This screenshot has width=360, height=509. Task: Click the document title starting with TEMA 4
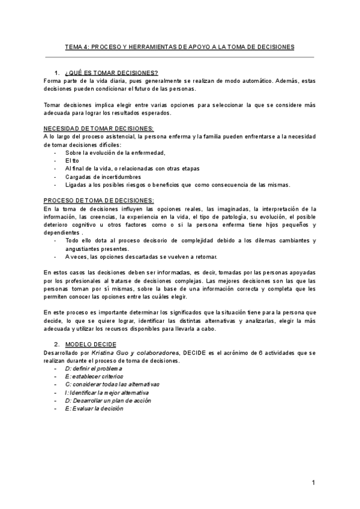point(179,46)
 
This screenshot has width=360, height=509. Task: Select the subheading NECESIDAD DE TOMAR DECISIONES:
point(99,128)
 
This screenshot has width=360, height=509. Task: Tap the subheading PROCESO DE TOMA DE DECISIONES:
point(99,200)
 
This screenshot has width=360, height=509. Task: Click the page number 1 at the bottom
point(313,482)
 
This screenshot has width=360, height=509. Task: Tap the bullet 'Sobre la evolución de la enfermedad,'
point(115,152)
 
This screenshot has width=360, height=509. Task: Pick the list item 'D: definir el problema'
point(94,368)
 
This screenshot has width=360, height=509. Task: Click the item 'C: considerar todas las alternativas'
point(112,384)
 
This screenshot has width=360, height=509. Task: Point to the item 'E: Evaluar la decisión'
point(94,408)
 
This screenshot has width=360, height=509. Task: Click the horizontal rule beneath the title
point(179,58)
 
